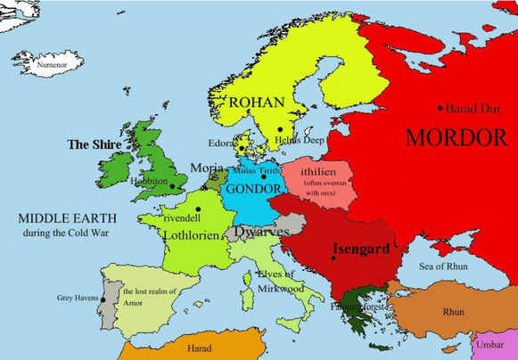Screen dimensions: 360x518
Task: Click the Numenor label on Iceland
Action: click(x=53, y=65)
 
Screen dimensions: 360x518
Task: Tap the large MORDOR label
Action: click(x=456, y=138)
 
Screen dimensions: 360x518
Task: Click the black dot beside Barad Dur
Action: click(x=440, y=109)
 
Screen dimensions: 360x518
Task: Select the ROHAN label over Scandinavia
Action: click(x=257, y=102)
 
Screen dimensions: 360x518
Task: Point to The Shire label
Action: click(x=95, y=143)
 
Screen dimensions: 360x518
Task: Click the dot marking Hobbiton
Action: click(x=172, y=186)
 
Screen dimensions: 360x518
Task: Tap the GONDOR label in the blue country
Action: click(x=253, y=190)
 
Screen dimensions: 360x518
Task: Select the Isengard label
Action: click(x=360, y=249)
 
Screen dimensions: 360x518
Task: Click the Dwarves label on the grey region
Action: click(x=261, y=232)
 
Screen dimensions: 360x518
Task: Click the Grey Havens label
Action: click(x=78, y=298)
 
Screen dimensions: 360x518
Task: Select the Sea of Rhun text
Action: click(x=444, y=265)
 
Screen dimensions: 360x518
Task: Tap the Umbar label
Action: click(x=490, y=344)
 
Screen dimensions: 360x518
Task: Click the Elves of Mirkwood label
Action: click(x=281, y=282)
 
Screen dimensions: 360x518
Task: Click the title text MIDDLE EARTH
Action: click(x=62, y=217)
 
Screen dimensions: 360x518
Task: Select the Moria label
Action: click(x=207, y=168)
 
